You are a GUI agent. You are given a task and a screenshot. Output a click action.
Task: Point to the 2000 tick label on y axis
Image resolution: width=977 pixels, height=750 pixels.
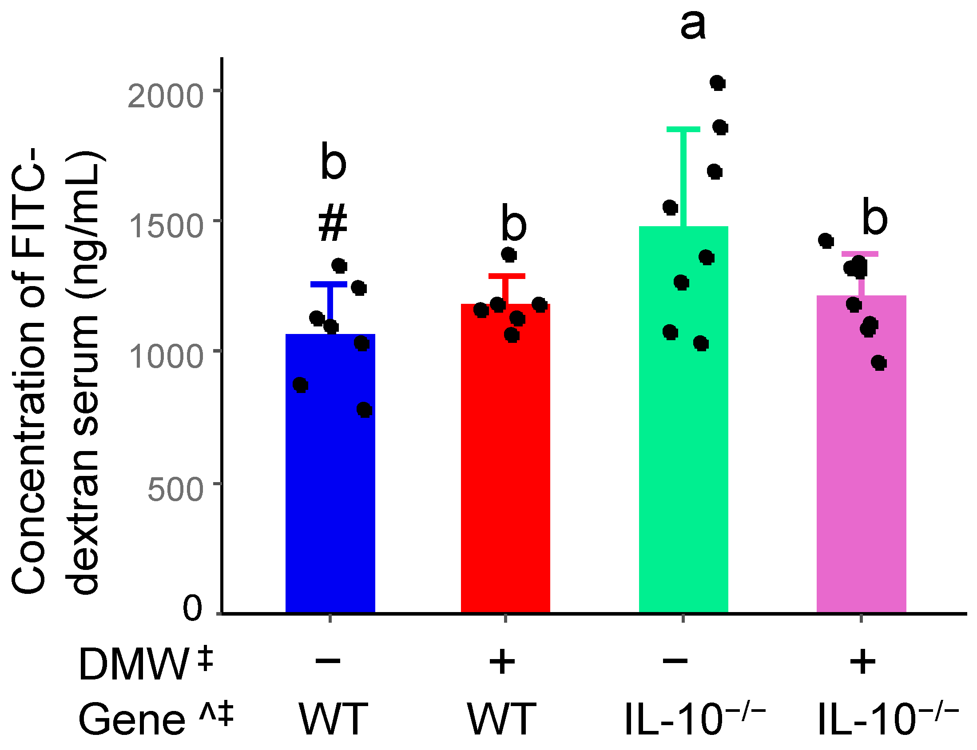[x=165, y=96]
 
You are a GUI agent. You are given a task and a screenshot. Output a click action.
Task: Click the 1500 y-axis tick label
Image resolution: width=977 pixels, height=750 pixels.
[x=165, y=226]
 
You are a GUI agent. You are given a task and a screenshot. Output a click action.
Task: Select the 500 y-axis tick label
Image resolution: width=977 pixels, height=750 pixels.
[x=175, y=489]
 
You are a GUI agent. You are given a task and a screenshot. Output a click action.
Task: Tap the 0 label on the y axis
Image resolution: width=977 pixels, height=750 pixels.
[x=192, y=608]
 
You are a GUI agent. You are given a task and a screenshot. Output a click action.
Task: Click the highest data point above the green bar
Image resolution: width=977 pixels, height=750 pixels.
[x=717, y=82]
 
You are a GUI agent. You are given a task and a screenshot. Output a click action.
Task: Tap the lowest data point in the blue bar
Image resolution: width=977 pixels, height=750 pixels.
[x=364, y=409]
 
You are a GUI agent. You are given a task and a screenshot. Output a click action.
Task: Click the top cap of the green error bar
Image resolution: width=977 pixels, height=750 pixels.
[x=683, y=130]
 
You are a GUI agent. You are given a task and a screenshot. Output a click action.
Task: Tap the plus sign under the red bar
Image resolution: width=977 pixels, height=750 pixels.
[x=502, y=662]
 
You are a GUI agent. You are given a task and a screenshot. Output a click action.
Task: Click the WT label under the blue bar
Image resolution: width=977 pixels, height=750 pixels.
[x=333, y=720]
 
